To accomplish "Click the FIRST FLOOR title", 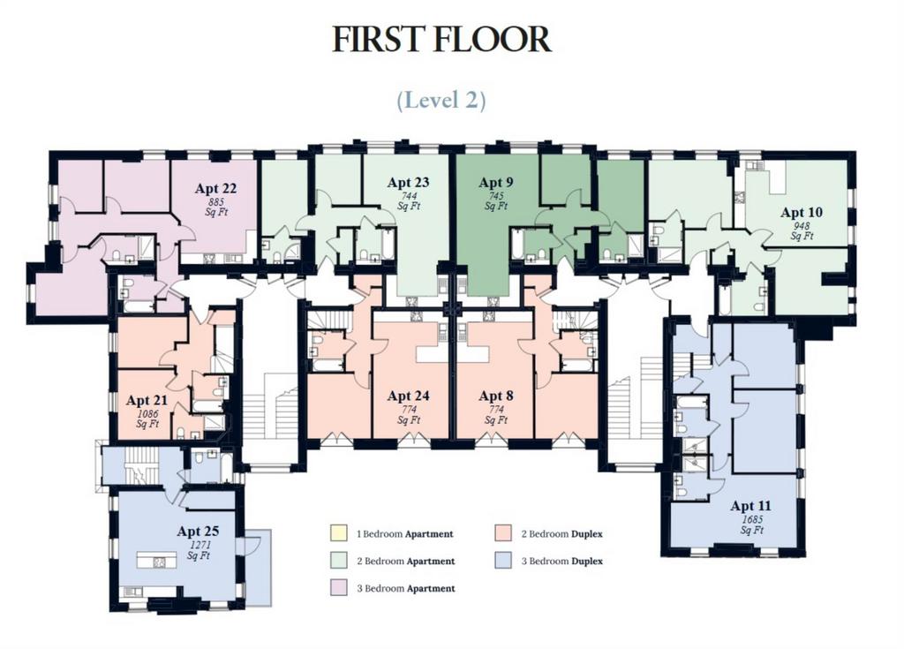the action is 441,39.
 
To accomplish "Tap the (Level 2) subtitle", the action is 441,100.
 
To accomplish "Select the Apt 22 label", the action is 215,188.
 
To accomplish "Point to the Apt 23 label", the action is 408,182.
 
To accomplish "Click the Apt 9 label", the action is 496,182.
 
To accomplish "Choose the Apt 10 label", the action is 802,212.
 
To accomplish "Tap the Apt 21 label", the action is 147,400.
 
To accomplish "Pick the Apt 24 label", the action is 408,396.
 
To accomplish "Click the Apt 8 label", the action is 496,396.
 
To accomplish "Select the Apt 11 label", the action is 750,506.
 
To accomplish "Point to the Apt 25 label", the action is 198,531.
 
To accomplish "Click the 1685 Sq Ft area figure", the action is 752,524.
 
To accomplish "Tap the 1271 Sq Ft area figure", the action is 199,550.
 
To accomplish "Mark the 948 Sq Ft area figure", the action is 802,230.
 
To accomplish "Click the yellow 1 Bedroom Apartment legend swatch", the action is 338,533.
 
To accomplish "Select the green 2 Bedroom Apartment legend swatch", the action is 338,560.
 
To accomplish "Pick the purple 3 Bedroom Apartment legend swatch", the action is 338,587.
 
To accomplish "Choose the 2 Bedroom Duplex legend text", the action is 562,533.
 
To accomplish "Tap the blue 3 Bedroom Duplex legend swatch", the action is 503,560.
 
